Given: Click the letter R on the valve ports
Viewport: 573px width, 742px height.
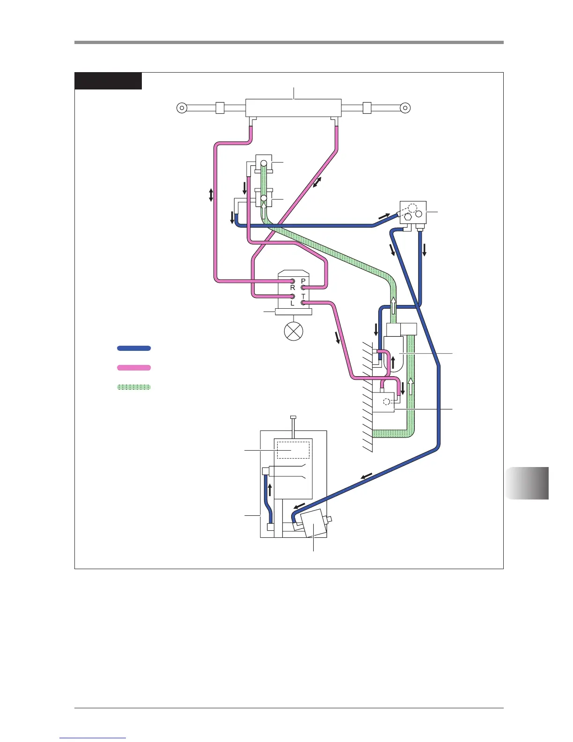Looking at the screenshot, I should click(293, 288).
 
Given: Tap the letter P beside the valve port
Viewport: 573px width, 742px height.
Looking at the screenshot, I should click(303, 281).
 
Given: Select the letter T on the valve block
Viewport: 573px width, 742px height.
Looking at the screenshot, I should click(303, 297).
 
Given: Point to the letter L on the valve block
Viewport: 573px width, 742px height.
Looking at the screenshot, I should click(293, 303).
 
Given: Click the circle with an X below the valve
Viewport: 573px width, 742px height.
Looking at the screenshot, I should click(294, 331).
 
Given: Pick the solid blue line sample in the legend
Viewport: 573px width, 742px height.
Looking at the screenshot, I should click(134, 348).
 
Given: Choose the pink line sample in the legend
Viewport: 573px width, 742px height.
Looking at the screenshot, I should click(134, 368).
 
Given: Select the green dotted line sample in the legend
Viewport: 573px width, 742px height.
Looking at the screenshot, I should click(134, 387).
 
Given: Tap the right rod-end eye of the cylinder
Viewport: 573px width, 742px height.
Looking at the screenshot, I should click(405, 108).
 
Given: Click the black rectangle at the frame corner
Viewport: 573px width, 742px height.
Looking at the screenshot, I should click(108, 81).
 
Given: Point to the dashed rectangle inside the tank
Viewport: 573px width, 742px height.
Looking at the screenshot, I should click(293, 450).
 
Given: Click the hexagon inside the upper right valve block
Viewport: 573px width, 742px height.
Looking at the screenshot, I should click(409, 217).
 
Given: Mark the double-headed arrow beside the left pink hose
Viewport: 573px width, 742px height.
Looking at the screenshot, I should click(211, 195).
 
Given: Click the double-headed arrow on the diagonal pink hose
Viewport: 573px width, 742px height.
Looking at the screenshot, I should click(317, 183).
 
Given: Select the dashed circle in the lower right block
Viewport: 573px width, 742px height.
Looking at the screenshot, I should click(387, 401).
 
